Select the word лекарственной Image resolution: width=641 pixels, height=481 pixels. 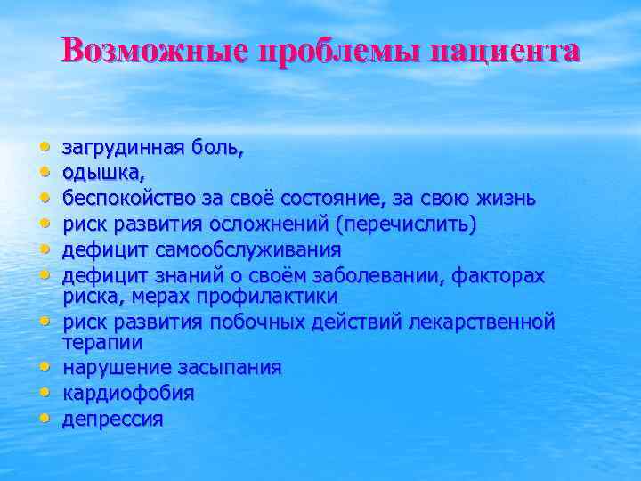click(x=481, y=320)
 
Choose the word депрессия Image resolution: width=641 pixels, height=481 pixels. click(x=112, y=419)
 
